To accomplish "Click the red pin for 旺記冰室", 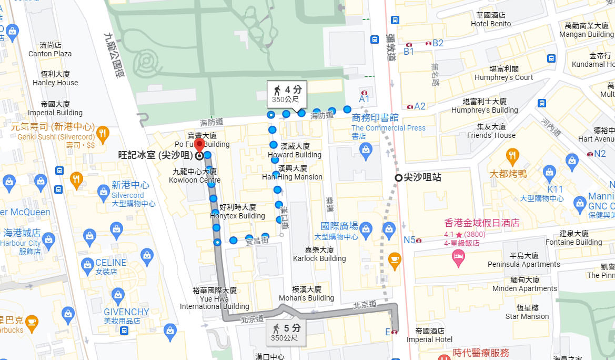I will click(199, 145).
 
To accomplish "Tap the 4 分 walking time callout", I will click(287, 94).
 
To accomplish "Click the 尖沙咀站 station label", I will click(422, 178).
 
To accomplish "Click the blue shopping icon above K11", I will click(550, 172).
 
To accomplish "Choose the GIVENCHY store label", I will click(126, 312).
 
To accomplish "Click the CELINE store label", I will click(110, 263).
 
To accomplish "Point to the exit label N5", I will click(410, 240).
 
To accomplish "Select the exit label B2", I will click(438, 43).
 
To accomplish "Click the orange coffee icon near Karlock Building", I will click(394, 259).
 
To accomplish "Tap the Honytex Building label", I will click(237, 212).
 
